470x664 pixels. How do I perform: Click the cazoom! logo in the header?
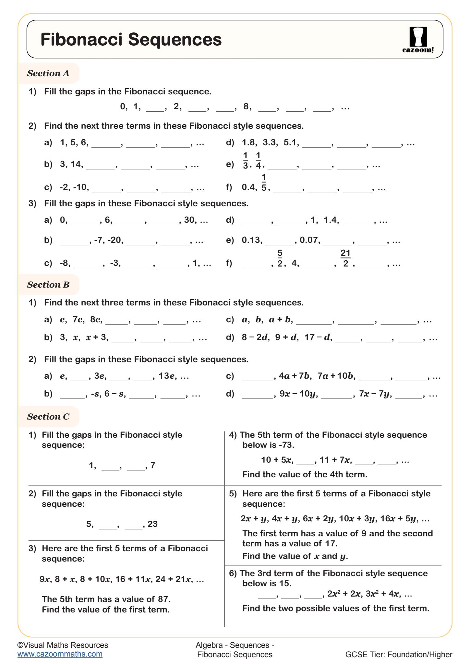click(418, 40)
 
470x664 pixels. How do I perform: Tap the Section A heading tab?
click(48, 73)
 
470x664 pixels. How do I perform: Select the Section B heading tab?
click(48, 285)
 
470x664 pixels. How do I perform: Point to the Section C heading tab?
click(48, 417)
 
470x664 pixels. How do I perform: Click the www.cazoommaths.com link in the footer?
click(60, 654)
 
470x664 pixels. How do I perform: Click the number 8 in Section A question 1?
click(246, 106)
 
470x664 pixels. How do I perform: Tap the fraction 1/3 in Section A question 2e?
click(245, 160)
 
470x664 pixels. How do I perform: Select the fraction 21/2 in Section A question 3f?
click(345, 258)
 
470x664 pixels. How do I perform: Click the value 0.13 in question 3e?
click(251, 240)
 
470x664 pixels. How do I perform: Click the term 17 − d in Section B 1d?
click(318, 338)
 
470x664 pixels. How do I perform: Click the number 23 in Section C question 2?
click(152, 524)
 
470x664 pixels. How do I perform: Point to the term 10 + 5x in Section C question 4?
click(277, 460)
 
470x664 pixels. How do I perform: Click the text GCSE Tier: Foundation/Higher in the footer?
click(399, 655)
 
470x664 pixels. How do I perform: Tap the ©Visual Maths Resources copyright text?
click(63, 645)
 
